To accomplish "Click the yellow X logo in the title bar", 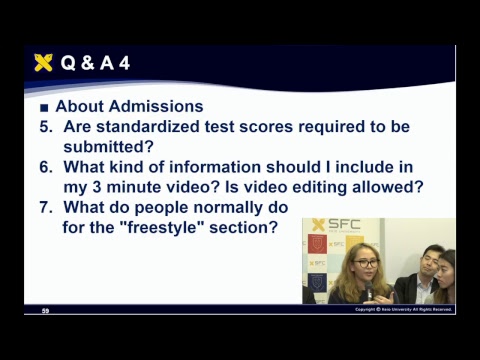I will [x=43, y=63].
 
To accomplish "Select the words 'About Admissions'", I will [x=129, y=106].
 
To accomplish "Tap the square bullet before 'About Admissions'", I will [x=43, y=107].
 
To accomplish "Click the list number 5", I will [x=45, y=127].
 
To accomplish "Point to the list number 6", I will [x=45, y=167].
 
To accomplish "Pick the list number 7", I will [x=45, y=207].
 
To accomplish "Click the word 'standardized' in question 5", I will [x=147, y=127].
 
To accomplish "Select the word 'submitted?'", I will [x=110, y=146].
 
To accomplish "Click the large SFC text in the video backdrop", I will [x=345, y=224].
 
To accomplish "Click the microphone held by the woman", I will [x=368, y=293].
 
